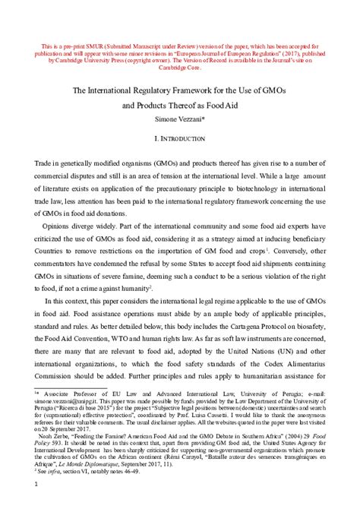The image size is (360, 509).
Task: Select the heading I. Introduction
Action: [180, 141]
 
